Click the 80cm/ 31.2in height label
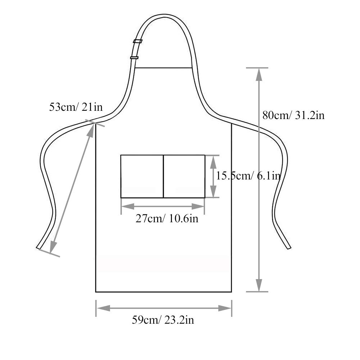293,115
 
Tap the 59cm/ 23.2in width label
163,320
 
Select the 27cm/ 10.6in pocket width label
167,218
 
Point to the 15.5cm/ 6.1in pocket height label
248,176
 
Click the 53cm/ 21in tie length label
76,107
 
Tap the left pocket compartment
142,176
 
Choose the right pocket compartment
184,176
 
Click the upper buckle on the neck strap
137,41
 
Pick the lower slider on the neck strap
134,58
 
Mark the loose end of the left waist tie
38,247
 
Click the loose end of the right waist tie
288,247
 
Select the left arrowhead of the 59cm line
101,308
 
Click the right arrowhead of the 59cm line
226,308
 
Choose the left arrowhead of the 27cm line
126,206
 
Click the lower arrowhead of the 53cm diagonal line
52,249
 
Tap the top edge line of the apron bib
164,68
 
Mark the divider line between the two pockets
164,176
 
